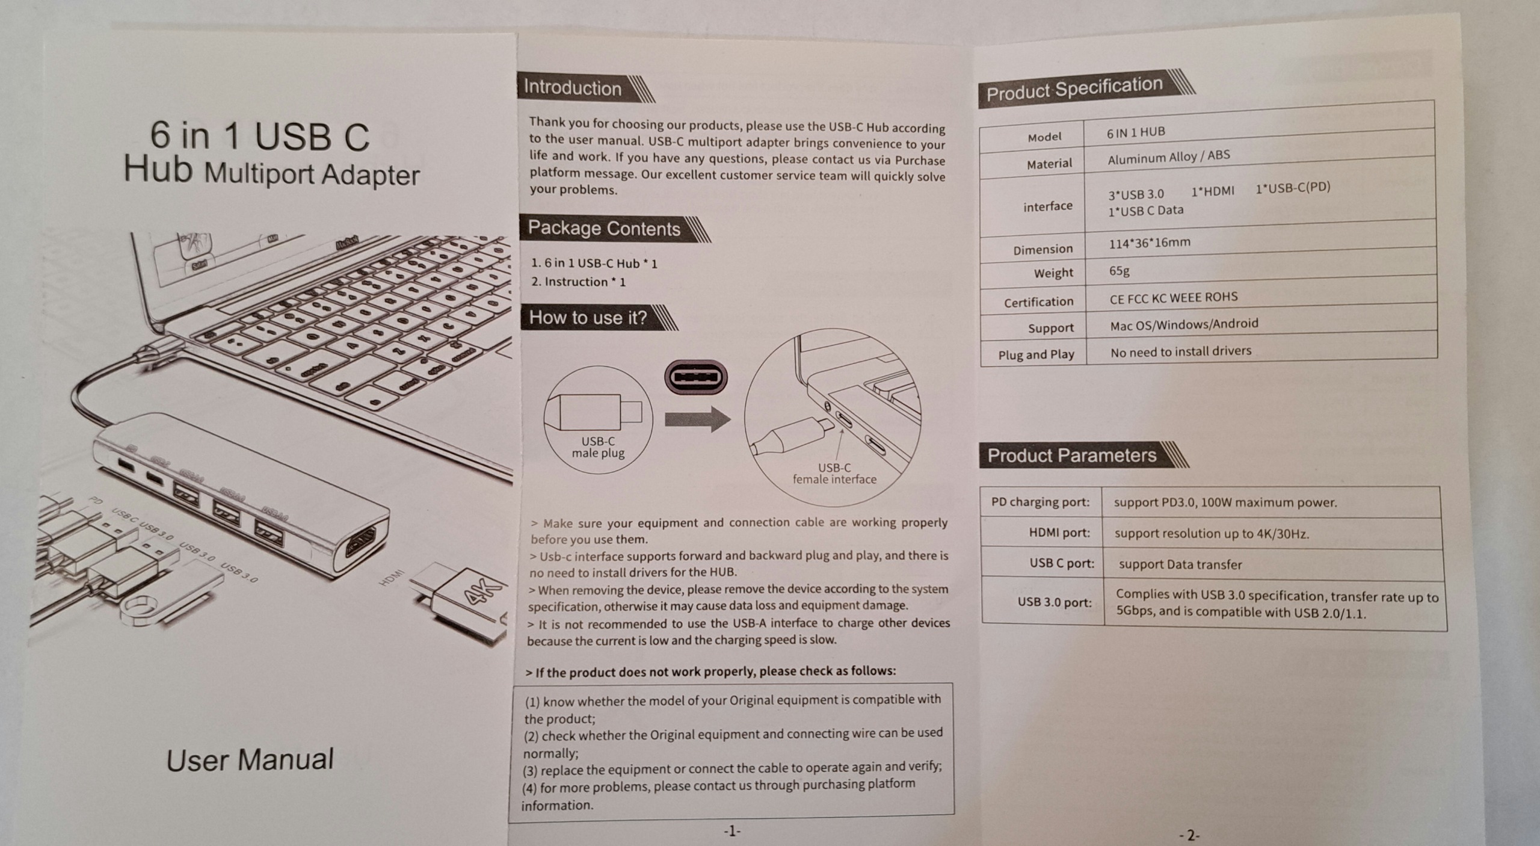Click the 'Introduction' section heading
[x=572, y=88]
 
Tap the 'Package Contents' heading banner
[x=604, y=229]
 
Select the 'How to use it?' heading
[x=588, y=318]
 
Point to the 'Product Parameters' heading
[x=1071, y=455]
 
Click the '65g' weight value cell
[x=1120, y=271]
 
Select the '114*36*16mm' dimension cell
[x=1150, y=243]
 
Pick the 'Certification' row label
[x=1038, y=302]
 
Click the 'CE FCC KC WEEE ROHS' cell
[x=1174, y=298]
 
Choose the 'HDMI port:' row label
[x=1059, y=533]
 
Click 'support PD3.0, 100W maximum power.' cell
[x=1225, y=502]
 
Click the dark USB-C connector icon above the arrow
[x=696, y=378]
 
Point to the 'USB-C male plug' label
[x=598, y=447]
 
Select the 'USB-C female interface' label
[x=834, y=474]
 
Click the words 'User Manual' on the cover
[x=250, y=760]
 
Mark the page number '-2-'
[x=1189, y=835]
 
